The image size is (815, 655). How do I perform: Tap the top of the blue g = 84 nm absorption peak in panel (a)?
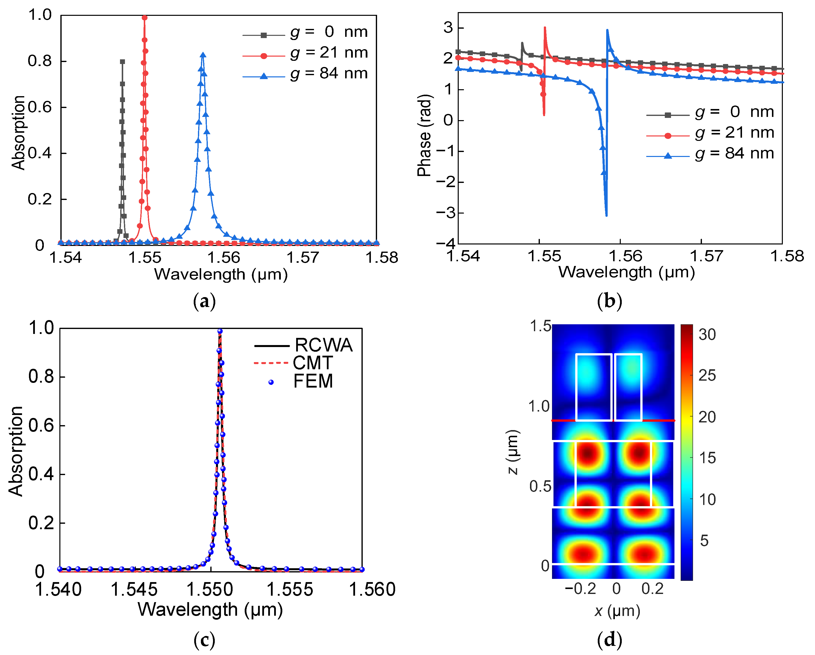(203, 55)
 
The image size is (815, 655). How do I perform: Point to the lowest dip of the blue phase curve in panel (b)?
(606, 215)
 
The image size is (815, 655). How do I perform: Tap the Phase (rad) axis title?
(425, 135)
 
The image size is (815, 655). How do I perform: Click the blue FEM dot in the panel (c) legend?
(271, 382)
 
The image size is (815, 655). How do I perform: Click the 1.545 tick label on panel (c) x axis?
(134, 590)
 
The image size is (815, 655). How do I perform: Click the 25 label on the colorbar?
(707, 375)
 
